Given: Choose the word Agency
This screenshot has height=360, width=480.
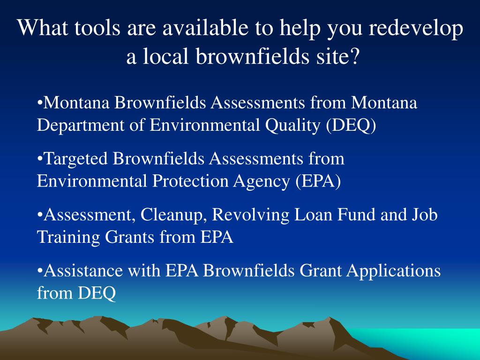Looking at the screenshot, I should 262,181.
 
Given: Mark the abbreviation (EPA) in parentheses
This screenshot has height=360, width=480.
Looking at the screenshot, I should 318,181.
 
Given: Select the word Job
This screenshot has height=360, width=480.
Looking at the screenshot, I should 425,215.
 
